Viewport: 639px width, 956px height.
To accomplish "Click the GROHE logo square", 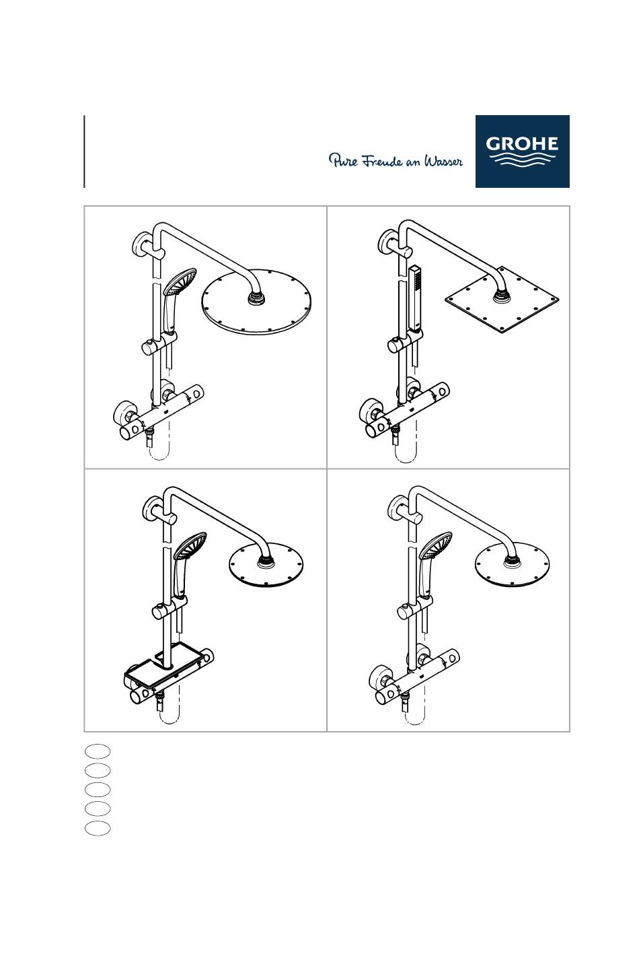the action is point(522,151).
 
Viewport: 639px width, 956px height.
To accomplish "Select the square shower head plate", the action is point(502,300).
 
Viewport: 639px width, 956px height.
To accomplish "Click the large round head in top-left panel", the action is point(256,302).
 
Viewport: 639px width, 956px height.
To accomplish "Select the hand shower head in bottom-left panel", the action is point(190,545).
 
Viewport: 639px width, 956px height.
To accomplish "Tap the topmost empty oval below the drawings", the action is point(98,751).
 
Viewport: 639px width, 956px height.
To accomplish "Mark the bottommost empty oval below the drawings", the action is point(98,827).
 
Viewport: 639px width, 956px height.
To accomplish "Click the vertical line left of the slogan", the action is point(84,151).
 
